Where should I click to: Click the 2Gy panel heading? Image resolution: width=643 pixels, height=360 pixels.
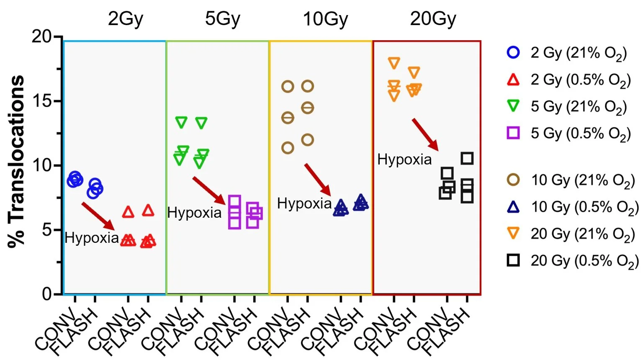coord(126,19)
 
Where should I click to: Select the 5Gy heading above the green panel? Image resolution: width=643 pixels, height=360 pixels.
coord(223,19)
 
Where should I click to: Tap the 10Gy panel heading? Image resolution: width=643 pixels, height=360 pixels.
coord(325,19)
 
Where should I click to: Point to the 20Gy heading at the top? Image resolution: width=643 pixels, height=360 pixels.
coord(433,19)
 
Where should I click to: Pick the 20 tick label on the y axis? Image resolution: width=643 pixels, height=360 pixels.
coord(41,37)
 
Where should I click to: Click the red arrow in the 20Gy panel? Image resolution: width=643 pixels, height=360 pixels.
coord(425,134)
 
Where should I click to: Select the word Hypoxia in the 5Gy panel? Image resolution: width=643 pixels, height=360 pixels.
coord(194,213)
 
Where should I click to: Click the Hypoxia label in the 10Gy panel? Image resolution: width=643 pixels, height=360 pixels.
coord(304,203)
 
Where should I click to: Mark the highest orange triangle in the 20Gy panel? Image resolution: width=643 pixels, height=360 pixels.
coord(394,63)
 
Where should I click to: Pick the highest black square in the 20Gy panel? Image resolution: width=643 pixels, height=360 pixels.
coord(467,158)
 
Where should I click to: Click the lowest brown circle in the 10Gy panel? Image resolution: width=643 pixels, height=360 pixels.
coord(288,147)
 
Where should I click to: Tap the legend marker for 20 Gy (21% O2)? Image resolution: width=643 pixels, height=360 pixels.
coord(513,234)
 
